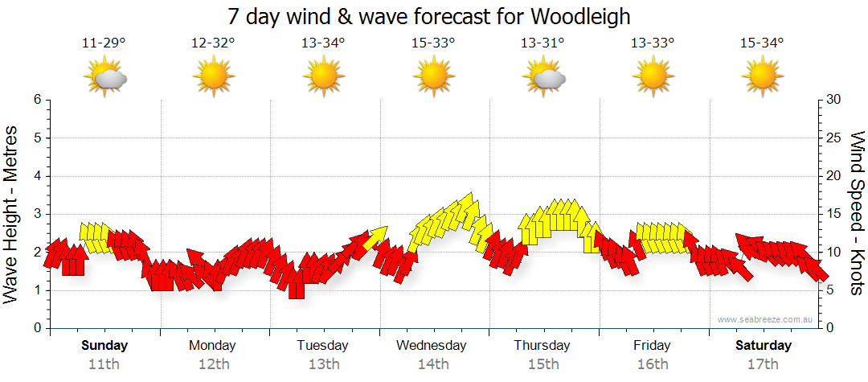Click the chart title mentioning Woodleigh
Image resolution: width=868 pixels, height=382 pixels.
tap(429, 16)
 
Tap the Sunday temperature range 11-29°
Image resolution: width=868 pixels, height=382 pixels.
tap(104, 43)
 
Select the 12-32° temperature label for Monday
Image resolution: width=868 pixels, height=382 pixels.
tap(213, 43)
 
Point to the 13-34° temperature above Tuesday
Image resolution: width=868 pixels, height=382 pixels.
tap(323, 43)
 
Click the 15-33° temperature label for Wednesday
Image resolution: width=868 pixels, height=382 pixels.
tap(433, 43)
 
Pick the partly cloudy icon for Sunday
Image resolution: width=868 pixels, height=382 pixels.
tap(105, 78)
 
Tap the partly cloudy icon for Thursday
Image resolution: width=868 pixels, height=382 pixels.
tap(544, 78)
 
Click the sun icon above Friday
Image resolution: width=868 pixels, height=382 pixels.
tap(652, 78)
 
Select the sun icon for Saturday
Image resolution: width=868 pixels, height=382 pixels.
tap(762, 78)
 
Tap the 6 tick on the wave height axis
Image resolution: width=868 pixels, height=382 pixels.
tap(36, 100)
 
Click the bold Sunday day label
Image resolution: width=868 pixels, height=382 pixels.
tap(104, 346)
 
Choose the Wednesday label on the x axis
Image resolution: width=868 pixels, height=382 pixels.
tap(432, 346)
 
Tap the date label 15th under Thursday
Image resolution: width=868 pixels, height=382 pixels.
tap(543, 364)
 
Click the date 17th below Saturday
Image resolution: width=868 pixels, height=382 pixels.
tap(764, 364)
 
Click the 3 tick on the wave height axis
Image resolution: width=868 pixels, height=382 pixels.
tap(36, 214)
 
